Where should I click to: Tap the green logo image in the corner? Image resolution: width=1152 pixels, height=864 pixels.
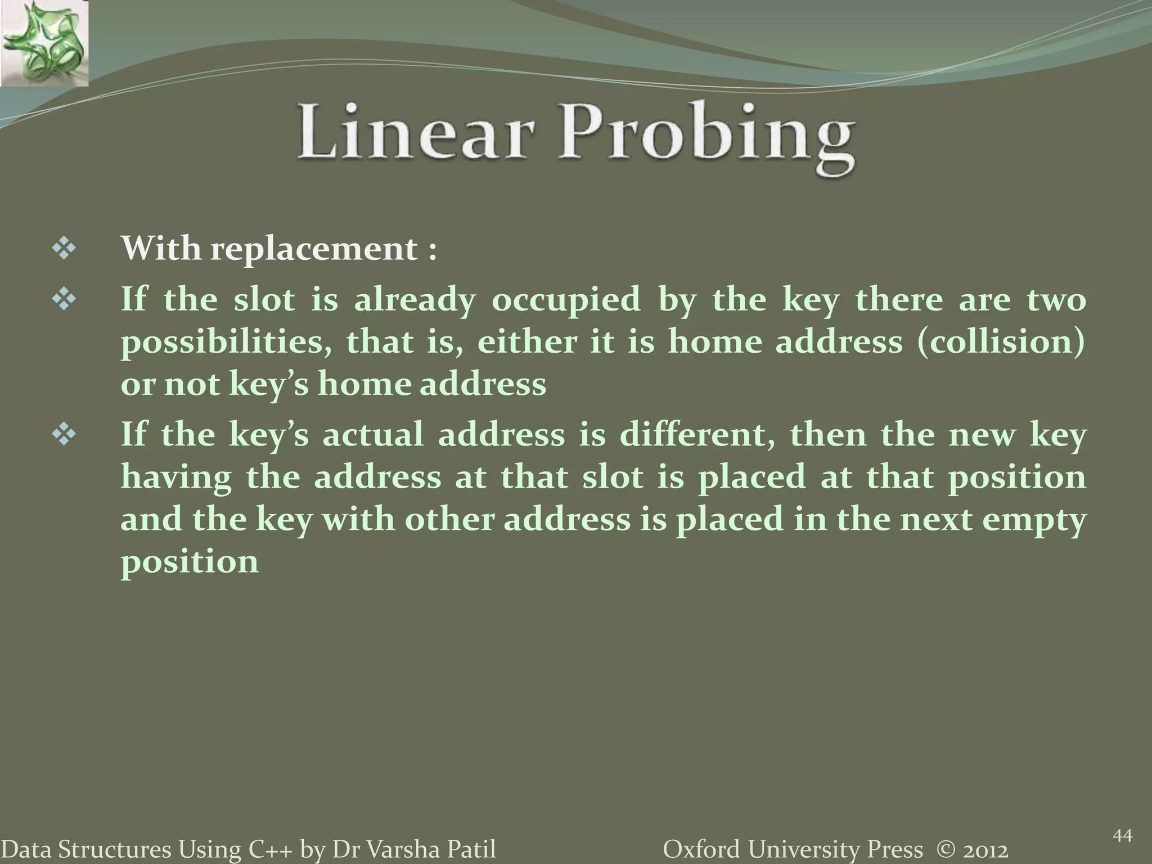click(44, 43)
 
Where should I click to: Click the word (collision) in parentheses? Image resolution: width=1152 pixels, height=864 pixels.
click(1001, 342)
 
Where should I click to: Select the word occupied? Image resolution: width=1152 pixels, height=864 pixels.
click(566, 299)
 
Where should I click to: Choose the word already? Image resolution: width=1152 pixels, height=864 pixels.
click(415, 299)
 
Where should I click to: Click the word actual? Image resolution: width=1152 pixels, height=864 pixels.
click(372, 435)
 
